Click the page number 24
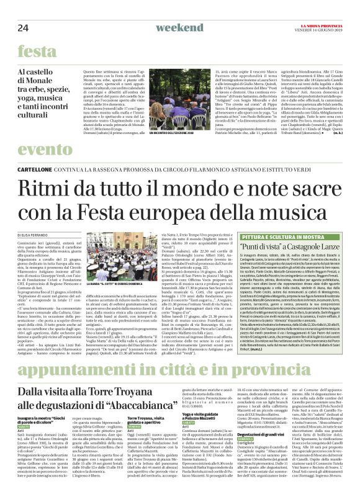(23, 11)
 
